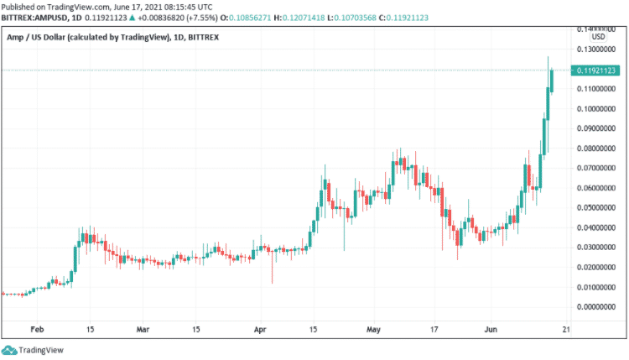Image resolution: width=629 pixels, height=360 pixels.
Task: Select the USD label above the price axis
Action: tap(597, 37)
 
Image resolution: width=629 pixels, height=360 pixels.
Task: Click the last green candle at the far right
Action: tap(553, 81)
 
